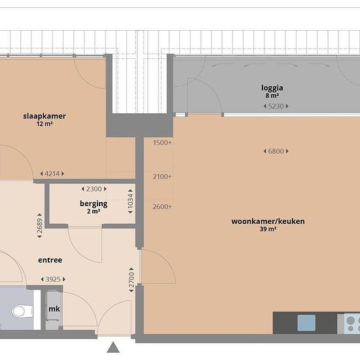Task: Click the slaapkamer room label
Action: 45,116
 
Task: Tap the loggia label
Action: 272,88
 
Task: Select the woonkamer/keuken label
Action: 268,221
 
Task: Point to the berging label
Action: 94,204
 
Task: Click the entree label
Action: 50,260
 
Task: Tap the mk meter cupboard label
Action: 54,309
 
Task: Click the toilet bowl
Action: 22,311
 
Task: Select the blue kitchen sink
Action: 306,323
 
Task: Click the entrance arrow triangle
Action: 113,347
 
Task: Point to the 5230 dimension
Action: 276,106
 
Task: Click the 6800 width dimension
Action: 276,151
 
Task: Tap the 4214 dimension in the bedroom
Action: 52,174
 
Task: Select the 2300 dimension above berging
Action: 94,189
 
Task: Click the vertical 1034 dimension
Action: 130,202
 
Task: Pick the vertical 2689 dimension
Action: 40,225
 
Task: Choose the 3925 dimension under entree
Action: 53,279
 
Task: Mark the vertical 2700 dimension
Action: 132,280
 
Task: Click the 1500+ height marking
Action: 162,143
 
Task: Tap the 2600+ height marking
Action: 162,207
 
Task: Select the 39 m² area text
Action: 268,229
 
